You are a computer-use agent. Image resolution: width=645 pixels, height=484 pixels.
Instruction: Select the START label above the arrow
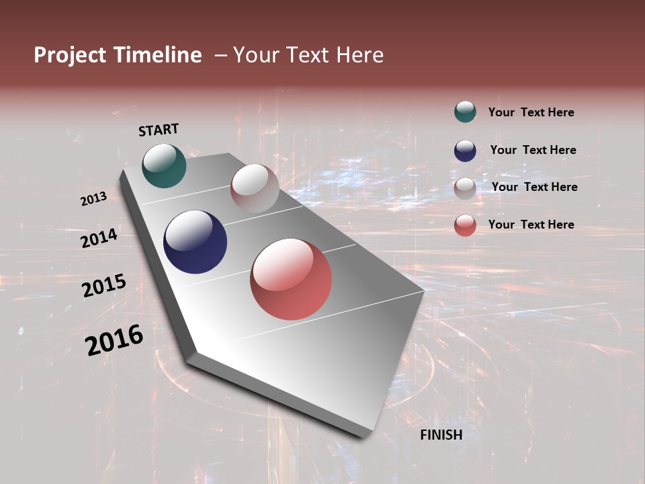[159, 130]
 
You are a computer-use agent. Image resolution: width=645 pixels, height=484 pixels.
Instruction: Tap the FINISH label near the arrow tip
[441, 435]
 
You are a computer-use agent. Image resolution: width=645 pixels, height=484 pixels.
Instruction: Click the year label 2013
[93, 199]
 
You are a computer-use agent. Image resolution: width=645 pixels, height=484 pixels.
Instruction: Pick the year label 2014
[99, 238]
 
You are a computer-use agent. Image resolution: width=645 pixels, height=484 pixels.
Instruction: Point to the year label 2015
[104, 286]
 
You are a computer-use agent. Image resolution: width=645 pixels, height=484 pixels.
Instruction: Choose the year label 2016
[114, 340]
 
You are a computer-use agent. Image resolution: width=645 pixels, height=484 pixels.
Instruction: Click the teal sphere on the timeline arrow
[164, 165]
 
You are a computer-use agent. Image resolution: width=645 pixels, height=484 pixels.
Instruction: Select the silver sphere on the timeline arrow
[255, 188]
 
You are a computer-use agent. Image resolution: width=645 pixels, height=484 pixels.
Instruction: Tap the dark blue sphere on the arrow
[195, 242]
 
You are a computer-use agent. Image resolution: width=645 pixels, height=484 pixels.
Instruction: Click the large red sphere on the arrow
[291, 279]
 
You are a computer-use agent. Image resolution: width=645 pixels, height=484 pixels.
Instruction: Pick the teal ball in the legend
[465, 112]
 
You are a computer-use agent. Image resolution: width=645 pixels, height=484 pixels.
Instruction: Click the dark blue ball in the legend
[465, 151]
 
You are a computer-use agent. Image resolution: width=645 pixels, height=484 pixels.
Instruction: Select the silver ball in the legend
[465, 188]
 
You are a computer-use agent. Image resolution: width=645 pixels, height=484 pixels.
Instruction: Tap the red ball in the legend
[465, 226]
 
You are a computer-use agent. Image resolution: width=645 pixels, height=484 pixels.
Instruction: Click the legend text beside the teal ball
[531, 113]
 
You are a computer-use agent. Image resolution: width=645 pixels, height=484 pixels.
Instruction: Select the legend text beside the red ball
[531, 225]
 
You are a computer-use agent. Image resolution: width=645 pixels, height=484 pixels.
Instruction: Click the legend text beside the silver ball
[534, 187]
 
